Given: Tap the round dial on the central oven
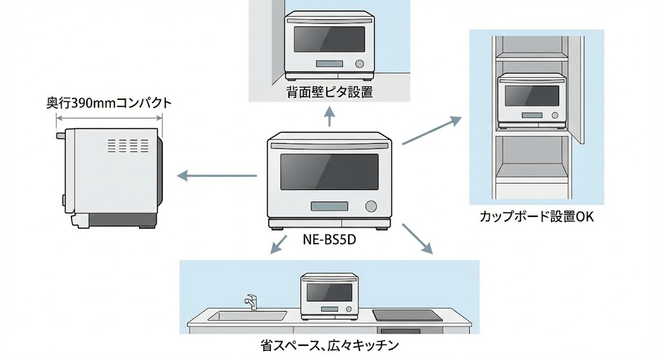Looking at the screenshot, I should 371,207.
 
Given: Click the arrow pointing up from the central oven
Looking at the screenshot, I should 329,117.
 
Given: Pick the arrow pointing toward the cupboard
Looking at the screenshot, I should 431,131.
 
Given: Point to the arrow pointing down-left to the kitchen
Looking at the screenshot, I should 279,245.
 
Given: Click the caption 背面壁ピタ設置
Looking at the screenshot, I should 329,92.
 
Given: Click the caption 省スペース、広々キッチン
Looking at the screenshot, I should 329,346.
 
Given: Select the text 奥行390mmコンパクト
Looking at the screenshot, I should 109,102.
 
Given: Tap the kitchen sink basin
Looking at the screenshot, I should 248,316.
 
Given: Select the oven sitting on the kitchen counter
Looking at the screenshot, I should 329,296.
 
